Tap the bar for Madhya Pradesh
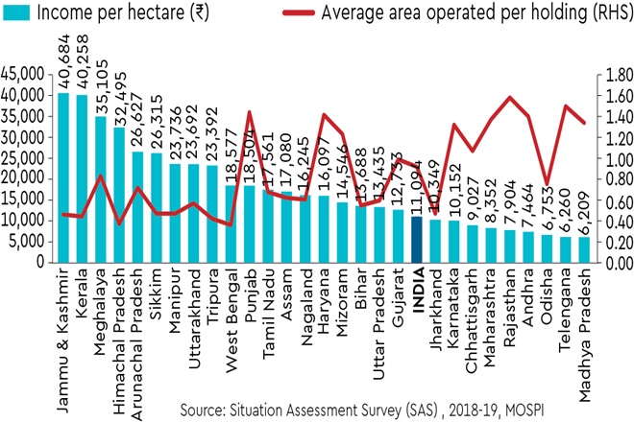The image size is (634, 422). [585, 249]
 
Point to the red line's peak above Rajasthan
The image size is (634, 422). [510, 97]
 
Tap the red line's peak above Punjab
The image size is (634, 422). [250, 112]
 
